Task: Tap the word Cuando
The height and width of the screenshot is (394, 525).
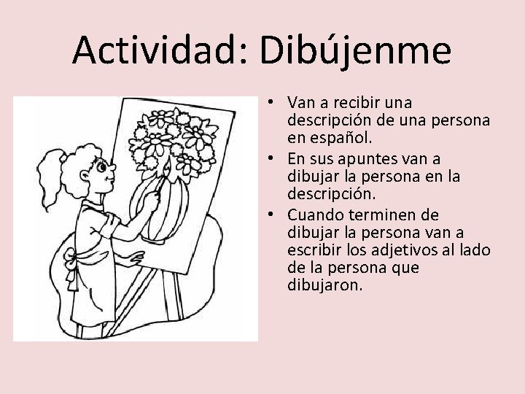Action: [314, 215]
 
